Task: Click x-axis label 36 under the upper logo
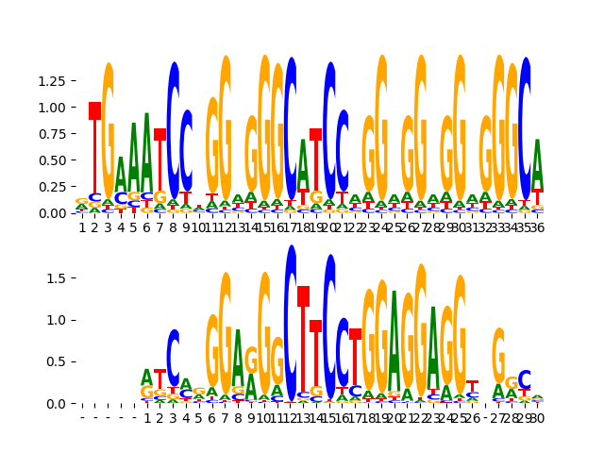pyautogui.click(x=537, y=227)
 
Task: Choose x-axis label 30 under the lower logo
pyautogui.click(x=537, y=418)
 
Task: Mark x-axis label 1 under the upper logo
pyautogui.click(x=82, y=227)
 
